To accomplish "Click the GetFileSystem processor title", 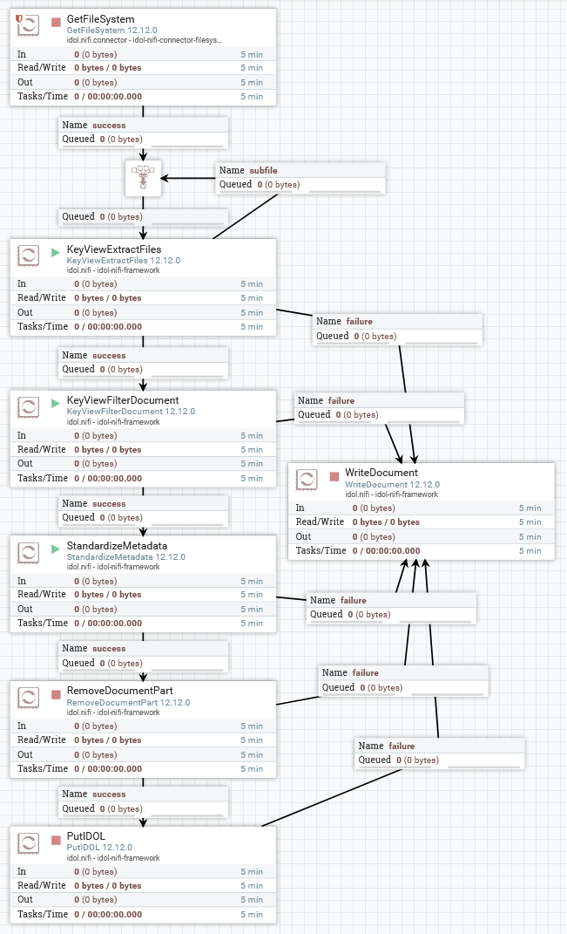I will pyautogui.click(x=100, y=18).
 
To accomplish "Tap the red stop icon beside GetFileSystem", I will pyautogui.click(x=56, y=21).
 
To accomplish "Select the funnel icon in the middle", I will pyautogui.click(x=143, y=178).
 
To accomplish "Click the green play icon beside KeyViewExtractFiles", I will pyautogui.click(x=56, y=251).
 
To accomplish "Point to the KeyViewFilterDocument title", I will pyautogui.click(x=123, y=400).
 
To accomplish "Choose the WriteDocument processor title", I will pyautogui.click(x=381, y=473).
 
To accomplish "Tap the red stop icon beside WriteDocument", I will pyautogui.click(x=334, y=476).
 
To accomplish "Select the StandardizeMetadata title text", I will pyautogui.click(x=117, y=546).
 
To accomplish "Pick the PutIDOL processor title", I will pyautogui.click(x=86, y=835).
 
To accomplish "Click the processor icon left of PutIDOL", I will pyautogui.click(x=29, y=842).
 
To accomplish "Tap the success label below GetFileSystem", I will pyautogui.click(x=109, y=125).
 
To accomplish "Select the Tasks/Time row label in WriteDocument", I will pyautogui.click(x=321, y=550).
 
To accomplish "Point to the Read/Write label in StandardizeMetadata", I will pyautogui.click(x=42, y=594).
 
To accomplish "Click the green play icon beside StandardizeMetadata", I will pyautogui.click(x=56, y=549).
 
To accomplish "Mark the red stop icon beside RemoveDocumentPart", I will pyautogui.click(x=56, y=694).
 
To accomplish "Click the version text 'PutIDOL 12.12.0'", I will pyautogui.click(x=99, y=847).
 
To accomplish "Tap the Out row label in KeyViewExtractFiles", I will pyautogui.click(x=25, y=312).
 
